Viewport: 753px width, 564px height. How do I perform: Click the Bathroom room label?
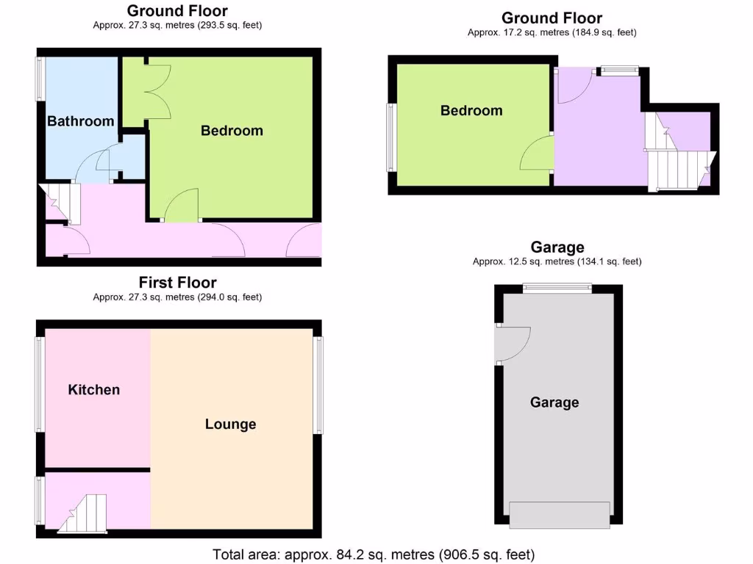[80, 121]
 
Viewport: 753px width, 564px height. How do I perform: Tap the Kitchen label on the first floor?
[93, 389]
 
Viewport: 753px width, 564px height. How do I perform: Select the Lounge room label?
[230, 424]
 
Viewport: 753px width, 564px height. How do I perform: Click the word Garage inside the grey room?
[554, 402]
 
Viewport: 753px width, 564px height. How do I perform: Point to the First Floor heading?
[177, 283]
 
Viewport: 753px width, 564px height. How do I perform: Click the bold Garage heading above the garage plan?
[557, 247]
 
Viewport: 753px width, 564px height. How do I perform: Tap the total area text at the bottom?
[374, 554]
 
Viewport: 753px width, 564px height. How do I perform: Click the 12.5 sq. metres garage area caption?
[557, 261]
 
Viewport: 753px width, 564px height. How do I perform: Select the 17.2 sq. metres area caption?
[552, 32]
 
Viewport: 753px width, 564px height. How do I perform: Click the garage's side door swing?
[513, 344]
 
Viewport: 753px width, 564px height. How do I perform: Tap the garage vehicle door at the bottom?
[560, 513]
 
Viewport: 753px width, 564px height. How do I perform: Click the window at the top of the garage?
[557, 289]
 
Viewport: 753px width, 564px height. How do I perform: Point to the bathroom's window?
[41, 79]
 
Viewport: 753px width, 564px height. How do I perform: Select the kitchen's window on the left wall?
[41, 383]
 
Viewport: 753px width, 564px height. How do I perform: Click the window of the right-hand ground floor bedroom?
[392, 137]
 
